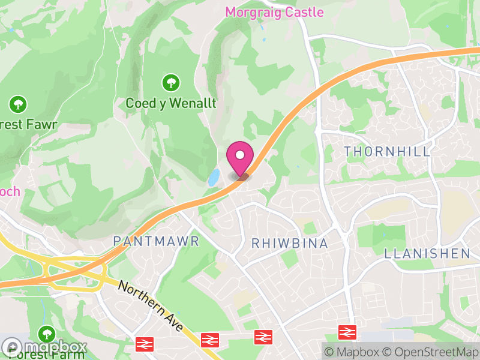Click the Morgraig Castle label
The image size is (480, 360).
pos(274,12)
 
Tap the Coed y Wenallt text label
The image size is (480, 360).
pos(171,103)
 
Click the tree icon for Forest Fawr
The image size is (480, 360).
pos(17,105)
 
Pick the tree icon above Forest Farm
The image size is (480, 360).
pos(46,333)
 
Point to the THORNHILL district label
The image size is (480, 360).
pos(388,151)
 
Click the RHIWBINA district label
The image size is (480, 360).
pos(290,244)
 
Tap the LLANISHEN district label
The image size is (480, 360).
pos(427,253)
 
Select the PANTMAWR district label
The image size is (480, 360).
pos(156,241)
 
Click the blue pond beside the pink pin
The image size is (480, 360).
pos(213,178)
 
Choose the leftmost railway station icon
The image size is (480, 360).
pos(144,344)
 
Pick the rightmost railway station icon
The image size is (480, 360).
pos(347,331)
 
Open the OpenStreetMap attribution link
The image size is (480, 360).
pos(432,352)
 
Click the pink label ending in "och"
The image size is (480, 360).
pos(10,192)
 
